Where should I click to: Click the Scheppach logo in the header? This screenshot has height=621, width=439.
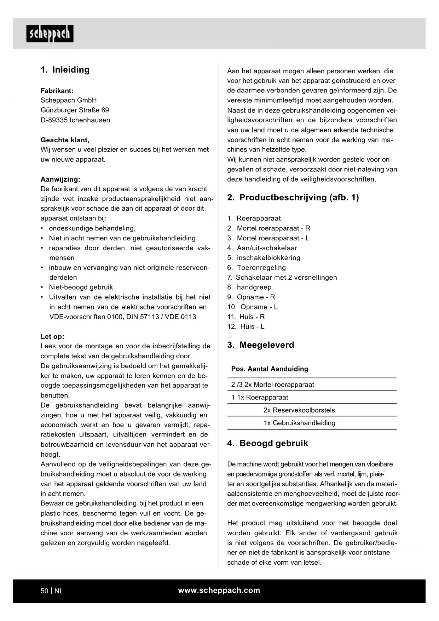tap(50, 34)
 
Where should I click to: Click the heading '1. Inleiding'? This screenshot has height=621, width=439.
tap(65, 70)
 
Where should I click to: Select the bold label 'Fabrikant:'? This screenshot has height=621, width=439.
tap(57, 91)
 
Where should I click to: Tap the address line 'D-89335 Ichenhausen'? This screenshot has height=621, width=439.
tap(75, 120)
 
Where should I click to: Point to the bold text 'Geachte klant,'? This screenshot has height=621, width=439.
tap(65, 140)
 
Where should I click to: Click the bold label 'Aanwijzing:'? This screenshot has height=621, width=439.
tap(60, 179)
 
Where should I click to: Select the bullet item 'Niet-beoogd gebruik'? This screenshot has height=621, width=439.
tap(81, 287)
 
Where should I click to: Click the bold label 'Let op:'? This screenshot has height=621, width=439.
tap(52, 336)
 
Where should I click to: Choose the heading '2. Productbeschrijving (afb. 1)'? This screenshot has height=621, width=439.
tap(293, 198)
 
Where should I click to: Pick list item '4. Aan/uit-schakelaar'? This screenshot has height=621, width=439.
tap(262, 248)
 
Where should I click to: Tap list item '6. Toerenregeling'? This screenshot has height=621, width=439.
tap(256, 268)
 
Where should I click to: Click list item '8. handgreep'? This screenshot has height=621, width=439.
tap(249, 287)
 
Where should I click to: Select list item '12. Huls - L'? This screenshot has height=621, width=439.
tap(246, 326)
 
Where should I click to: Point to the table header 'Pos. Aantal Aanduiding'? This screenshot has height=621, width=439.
tap(270, 369)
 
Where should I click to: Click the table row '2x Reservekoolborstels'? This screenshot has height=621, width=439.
tap(299, 410)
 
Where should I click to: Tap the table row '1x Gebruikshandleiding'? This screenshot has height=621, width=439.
tap(299, 423)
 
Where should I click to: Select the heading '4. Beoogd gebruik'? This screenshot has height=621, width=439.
tap(267, 443)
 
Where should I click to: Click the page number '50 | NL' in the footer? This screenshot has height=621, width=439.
tap(52, 591)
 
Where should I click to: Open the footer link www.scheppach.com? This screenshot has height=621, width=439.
tap(219, 590)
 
